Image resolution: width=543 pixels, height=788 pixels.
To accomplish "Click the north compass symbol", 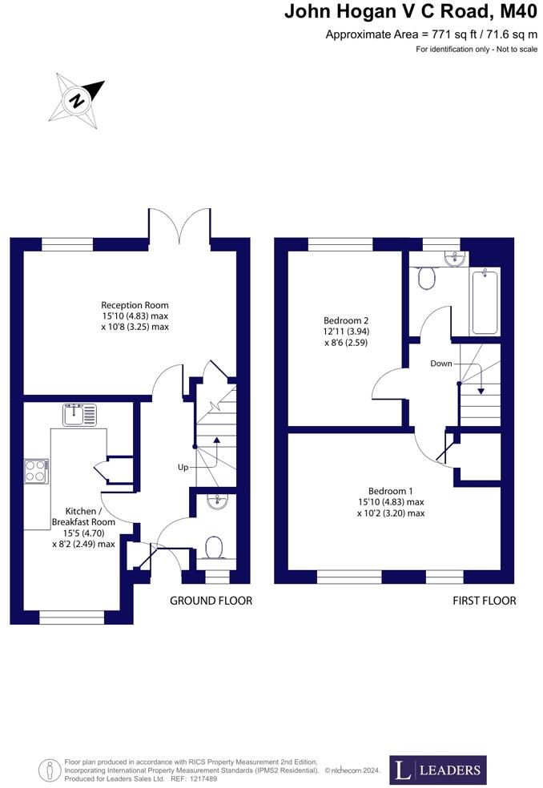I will point(78,100).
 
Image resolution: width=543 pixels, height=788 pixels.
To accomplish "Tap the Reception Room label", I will point(135,316).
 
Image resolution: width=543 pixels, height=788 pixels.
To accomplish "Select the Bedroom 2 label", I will point(345,331).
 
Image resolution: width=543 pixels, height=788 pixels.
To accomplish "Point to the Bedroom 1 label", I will point(391,502).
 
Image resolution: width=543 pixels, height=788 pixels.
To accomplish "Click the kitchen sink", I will point(78,415).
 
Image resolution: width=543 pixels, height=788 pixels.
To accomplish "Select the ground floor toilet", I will point(214,549).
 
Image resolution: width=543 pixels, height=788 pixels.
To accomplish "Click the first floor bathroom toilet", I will point(426,278).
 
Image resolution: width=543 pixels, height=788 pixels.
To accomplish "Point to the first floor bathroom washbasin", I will point(454,257).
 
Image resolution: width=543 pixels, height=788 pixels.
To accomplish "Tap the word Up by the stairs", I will point(183,467).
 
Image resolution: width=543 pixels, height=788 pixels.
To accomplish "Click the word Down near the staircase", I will point(440,363).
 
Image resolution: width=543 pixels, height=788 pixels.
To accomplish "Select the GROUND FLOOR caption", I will point(211,601).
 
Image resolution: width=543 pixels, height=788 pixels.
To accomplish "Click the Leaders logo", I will point(437,770).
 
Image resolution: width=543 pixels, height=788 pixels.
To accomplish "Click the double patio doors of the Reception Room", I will point(179,227).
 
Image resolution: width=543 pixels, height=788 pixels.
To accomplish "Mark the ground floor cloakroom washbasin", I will point(216,501).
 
